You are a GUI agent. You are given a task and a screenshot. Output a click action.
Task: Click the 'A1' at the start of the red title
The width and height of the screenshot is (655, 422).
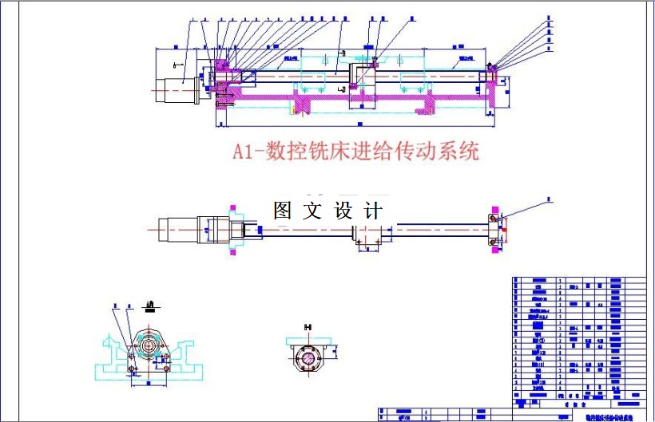tap(243, 152)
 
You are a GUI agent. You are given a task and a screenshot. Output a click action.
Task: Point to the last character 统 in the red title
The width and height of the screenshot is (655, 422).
tap(469, 151)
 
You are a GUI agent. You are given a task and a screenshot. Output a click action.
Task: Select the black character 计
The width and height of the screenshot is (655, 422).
tap(373, 211)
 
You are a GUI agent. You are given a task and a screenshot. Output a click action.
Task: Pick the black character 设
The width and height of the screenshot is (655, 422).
tap(343, 211)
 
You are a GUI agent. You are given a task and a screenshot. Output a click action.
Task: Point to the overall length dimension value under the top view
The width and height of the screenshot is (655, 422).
tap(351, 126)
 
